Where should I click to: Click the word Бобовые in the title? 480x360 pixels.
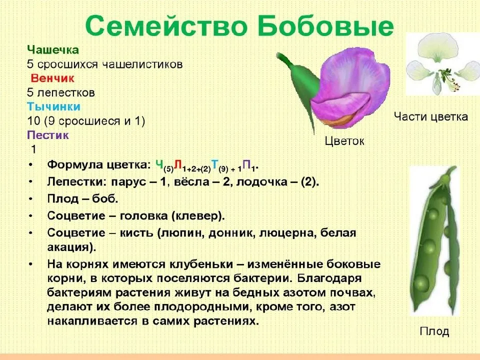point(325,25)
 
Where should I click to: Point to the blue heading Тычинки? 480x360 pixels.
point(53,106)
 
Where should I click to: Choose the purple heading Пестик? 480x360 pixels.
point(48,135)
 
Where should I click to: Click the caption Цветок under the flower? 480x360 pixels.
point(344,141)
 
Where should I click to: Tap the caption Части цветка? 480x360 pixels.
point(430,117)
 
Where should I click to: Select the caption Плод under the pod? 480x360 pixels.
point(434,331)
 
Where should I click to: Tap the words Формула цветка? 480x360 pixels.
point(98,165)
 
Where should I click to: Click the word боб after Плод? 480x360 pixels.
point(105,199)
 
